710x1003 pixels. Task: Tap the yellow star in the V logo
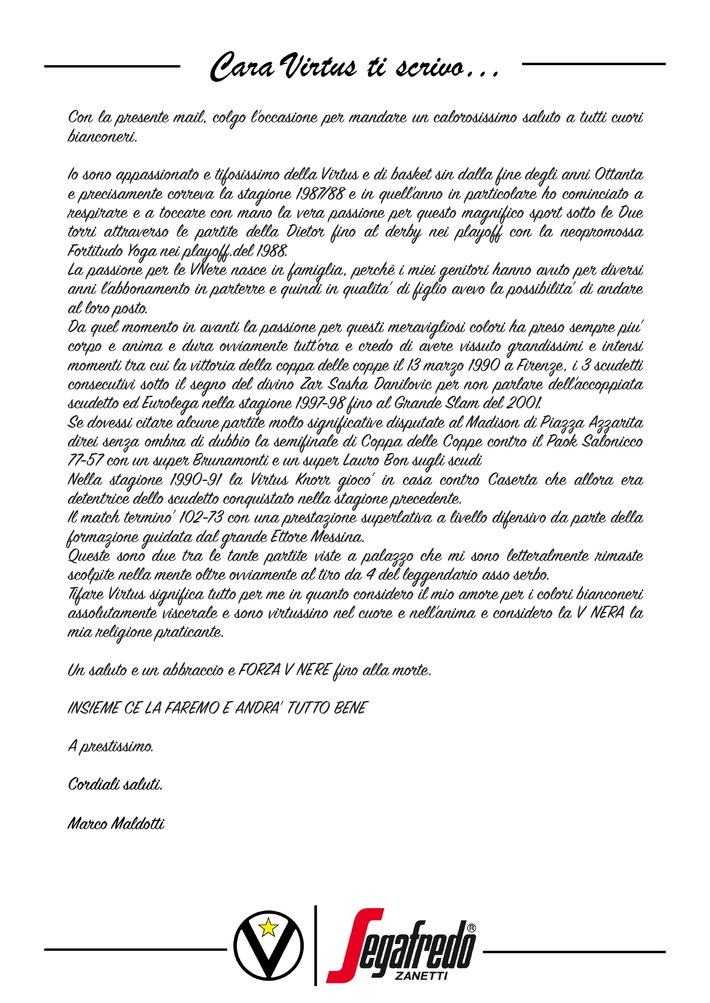tap(268, 926)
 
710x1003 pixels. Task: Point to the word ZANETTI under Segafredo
tap(421, 976)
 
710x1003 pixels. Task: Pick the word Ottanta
tap(618, 174)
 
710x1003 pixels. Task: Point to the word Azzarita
tap(616, 423)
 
